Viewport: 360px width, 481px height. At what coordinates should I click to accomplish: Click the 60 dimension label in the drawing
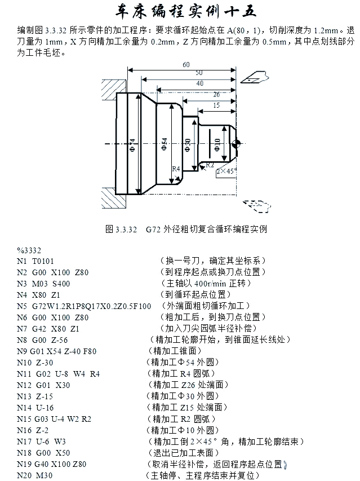pos(186,64)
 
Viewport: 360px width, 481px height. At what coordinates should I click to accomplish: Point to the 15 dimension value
pos(217,105)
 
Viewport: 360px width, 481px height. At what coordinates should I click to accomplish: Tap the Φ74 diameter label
pos(132,145)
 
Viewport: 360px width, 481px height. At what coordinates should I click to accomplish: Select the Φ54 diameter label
pos(165,144)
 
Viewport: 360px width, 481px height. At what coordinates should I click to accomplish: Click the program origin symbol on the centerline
pos(237,144)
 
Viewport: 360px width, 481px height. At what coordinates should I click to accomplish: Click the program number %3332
pos(29,250)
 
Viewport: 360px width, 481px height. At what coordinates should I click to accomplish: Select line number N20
pos(24,475)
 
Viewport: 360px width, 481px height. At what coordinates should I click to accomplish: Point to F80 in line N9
pos(90,351)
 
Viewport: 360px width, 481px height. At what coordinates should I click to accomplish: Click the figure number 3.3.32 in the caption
pos(126,230)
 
